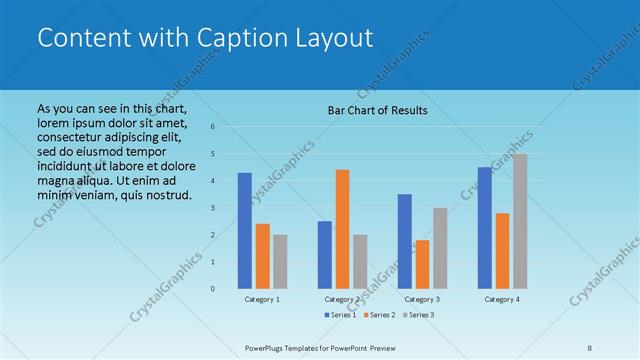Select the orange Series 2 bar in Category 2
[342, 229]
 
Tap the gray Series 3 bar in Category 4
[520, 221]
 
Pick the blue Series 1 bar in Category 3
[404, 241]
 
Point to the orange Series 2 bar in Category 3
[422, 264]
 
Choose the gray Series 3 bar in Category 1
[280, 261]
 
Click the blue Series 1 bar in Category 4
[484, 227]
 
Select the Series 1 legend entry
[341, 315]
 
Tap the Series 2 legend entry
[379, 315]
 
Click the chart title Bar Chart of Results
[378, 110]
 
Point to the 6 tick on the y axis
[212, 127]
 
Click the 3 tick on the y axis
[212, 208]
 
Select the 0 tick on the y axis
[212, 289]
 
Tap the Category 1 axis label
[262, 299]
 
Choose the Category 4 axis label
[502, 299]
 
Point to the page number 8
[589, 348]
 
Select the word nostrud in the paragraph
[164, 194]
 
